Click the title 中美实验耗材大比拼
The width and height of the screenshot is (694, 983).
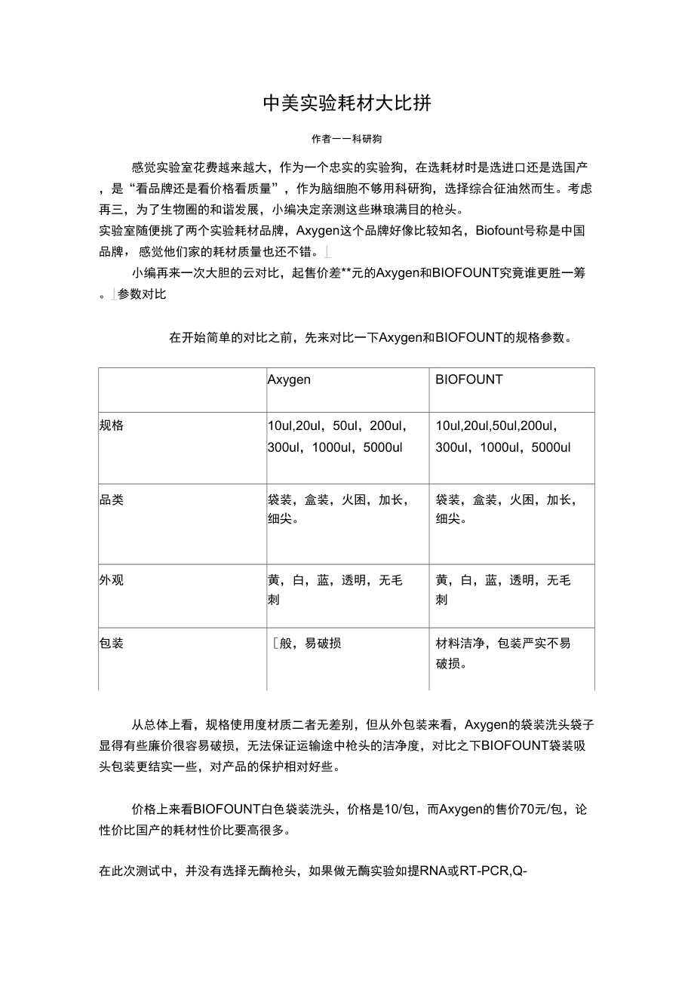[x=346, y=103]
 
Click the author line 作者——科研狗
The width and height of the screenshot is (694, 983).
[x=346, y=140]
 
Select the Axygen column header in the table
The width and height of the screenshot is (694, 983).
[x=289, y=379]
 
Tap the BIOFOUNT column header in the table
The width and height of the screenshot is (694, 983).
[x=468, y=379]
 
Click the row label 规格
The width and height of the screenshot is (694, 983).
[x=112, y=425]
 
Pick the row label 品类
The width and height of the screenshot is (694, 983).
[x=112, y=499]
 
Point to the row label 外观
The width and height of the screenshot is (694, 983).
[x=112, y=580]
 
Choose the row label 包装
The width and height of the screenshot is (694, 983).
[x=112, y=644]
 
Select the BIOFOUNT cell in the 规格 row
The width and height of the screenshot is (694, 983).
[x=503, y=437]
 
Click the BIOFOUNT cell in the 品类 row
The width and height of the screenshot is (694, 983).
[x=506, y=509]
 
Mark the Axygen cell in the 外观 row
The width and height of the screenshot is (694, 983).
[x=335, y=590]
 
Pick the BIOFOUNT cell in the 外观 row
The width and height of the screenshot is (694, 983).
[x=503, y=590]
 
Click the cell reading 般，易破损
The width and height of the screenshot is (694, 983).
[x=309, y=644]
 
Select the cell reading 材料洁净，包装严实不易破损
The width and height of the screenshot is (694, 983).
[x=503, y=653]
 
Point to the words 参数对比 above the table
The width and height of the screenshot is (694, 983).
[x=142, y=294]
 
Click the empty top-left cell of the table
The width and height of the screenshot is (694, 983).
[x=182, y=389]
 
